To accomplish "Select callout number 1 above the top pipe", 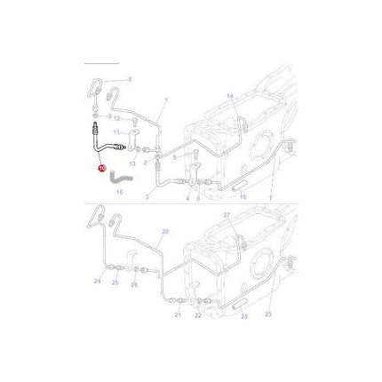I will click(164, 101).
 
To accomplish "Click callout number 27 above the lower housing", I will click(226, 241).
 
